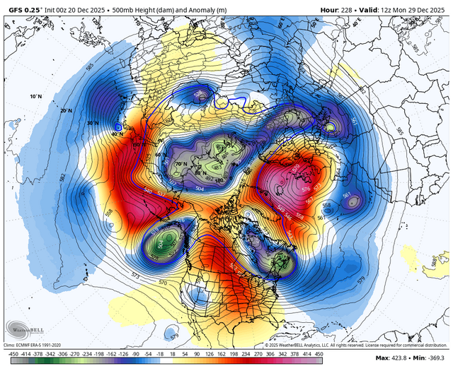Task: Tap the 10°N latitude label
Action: click(36, 95)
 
